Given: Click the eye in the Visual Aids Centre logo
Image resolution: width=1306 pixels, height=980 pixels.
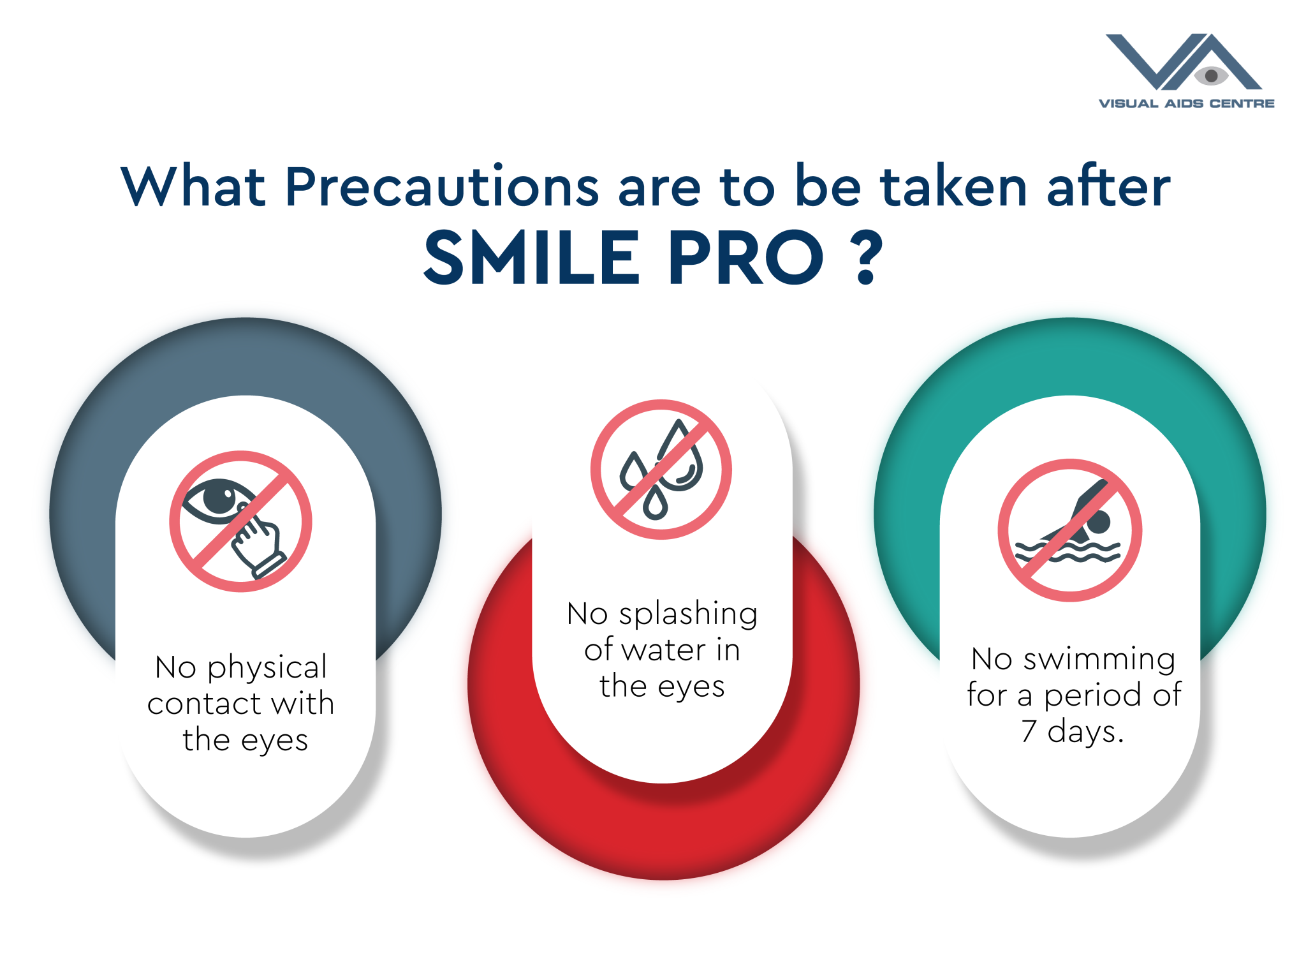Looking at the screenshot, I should click(x=1211, y=76).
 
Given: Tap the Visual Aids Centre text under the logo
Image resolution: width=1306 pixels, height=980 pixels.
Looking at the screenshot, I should click(x=1186, y=103).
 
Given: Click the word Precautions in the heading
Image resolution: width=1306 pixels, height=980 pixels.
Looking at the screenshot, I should click(x=442, y=187).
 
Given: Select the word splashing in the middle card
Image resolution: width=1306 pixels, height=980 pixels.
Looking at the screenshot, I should click(x=688, y=614).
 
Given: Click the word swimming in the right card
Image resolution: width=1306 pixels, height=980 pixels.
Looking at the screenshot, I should click(x=1099, y=660).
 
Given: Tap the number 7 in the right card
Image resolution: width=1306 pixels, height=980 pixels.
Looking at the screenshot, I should click(x=1029, y=731).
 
